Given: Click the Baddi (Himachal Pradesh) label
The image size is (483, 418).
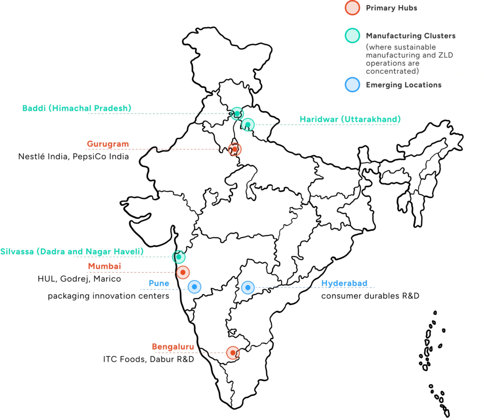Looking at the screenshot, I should [x=77, y=108].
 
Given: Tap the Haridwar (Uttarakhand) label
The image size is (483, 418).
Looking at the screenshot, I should [x=350, y=119].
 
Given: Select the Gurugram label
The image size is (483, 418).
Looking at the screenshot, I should [x=108, y=144].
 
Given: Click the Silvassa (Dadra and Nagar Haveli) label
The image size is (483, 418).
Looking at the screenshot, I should [x=72, y=251].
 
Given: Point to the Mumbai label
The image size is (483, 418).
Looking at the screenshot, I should [x=104, y=267].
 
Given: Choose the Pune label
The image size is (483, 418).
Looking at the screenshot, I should [x=158, y=283].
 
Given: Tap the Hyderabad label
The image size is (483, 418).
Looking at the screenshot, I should [x=344, y=283].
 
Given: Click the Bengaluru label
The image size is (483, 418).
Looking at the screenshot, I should [x=173, y=347].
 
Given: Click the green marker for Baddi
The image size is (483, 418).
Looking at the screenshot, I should [x=236, y=113].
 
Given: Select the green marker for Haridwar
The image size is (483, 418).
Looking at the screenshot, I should [x=248, y=125].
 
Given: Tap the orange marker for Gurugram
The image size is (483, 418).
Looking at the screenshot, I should [x=234, y=150].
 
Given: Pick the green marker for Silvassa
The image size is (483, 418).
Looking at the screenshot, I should [x=178, y=257].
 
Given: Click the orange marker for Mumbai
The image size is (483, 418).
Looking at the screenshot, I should [x=183, y=272].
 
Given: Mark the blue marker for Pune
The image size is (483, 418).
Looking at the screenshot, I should [x=194, y=287].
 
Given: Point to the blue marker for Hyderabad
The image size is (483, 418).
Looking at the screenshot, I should [x=248, y=287].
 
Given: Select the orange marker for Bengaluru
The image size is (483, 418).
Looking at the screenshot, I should [x=233, y=352].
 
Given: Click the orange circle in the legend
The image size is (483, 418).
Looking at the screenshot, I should [x=352, y=8].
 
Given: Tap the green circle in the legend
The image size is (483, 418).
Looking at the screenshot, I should [x=352, y=36].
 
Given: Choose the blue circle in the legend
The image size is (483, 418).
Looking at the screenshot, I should [x=352, y=85].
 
